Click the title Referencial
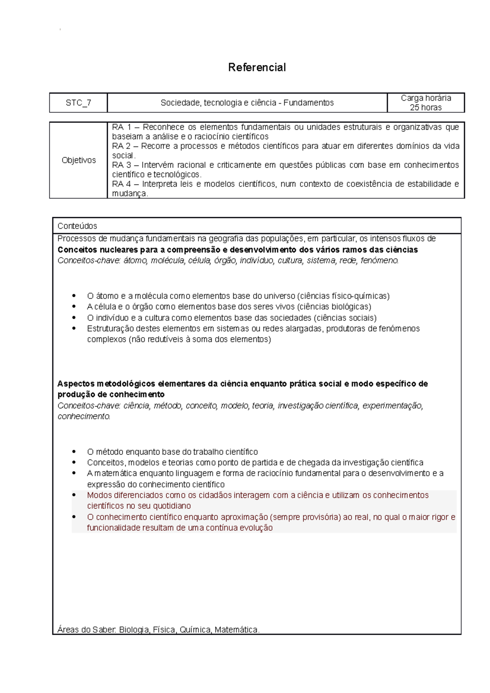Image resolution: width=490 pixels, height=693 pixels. click(x=257, y=67)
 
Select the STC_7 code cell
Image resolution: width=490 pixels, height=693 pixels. click(x=78, y=103)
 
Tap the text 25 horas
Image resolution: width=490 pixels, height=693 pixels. click(x=425, y=108)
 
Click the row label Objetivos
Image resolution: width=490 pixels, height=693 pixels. click(x=78, y=160)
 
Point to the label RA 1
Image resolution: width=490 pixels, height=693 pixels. click(x=121, y=127)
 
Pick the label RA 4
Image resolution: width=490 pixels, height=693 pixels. click(x=121, y=184)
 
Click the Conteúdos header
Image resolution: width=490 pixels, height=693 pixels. click(x=77, y=226)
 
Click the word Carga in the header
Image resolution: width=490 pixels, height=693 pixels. click(x=411, y=98)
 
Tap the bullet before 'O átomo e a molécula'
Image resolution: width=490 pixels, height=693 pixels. click(x=74, y=295)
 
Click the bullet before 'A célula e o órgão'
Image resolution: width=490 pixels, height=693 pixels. click(x=74, y=307)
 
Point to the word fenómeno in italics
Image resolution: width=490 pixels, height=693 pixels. click(x=379, y=260)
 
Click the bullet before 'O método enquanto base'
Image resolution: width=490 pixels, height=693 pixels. click(x=74, y=451)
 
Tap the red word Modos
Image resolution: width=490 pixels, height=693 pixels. click(x=99, y=495)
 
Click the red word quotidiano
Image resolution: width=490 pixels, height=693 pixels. click(x=171, y=506)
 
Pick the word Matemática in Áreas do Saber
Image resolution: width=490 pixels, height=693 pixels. click(x=237, y=630)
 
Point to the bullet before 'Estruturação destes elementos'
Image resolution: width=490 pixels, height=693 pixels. click(x=74, y=328)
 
